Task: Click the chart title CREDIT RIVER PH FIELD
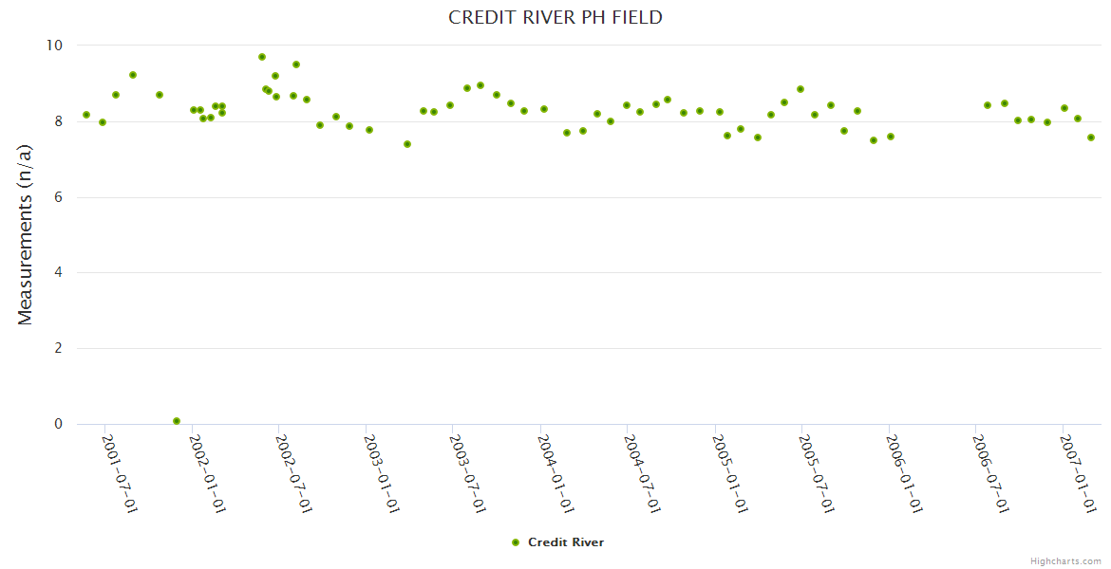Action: tap(555, 18)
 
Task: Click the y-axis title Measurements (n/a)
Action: tap(26, 234)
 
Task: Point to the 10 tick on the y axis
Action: tap(54, 46)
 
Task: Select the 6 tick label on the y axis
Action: tap(58, 197)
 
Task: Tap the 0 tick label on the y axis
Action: tap(58, 424)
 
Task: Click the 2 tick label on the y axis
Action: tap(58, 348)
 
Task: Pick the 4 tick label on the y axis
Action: tap(58, 273)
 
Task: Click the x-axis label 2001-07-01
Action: tap(121, 474)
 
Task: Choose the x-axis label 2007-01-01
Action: tap(1079, 474)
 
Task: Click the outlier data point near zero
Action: tap(177, 421)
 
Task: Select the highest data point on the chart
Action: tap(262, 57)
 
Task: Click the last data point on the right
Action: tap(1091, 138)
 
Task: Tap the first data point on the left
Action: tap(86, 115)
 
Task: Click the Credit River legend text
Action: tap(566, 542)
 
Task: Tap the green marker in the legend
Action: tap(516, 542)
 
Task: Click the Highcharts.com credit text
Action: tap(1065, 561)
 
